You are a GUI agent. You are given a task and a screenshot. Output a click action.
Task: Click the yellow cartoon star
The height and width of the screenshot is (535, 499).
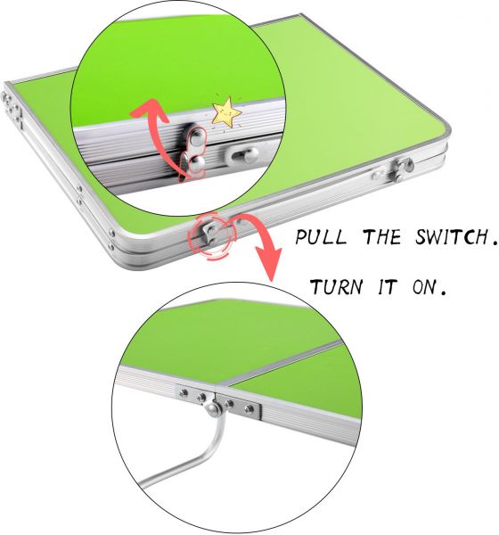226,112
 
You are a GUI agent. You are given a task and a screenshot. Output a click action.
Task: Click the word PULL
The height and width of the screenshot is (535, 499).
320,237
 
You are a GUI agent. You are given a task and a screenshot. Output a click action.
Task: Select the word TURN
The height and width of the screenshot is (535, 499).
336,286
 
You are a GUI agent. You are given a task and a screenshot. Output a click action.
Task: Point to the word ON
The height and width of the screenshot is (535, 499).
429,287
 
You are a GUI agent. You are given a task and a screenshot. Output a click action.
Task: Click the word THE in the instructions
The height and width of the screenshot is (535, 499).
381,237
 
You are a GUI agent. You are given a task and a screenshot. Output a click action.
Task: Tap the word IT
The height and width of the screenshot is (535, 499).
388,286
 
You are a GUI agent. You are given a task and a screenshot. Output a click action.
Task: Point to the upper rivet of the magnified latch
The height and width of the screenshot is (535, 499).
196,138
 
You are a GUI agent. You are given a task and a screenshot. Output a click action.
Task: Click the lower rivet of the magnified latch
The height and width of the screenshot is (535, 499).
197,163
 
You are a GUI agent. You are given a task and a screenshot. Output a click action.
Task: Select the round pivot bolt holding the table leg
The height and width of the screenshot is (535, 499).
214,408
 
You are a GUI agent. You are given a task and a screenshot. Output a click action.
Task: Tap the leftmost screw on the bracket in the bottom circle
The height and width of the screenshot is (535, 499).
184,393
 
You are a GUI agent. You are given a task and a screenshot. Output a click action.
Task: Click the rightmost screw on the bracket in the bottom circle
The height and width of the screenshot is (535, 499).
250,408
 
